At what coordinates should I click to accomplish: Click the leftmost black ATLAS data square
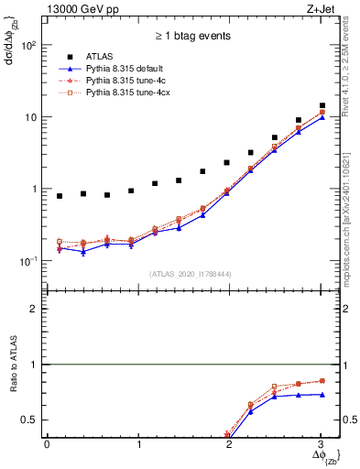(x=60, y=196)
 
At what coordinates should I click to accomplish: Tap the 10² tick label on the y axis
(x=30, y=45)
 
